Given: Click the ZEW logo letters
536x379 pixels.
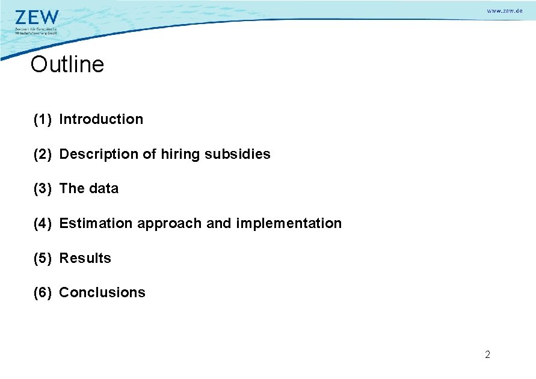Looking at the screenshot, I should click(x=37, y=17).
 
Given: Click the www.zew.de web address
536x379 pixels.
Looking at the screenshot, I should click(x=504, y=11).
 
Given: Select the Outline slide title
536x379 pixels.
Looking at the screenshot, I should click(x=67, y=64).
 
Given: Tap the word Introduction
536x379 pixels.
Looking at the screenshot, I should click(x=101, y=119).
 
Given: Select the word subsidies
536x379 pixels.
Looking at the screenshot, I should click(x=238, y=154).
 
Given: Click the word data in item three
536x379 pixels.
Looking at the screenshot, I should click(x=104, y=188).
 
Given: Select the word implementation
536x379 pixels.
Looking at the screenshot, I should click(x=289, y=224).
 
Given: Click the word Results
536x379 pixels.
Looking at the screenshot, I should click(x=85, y=258).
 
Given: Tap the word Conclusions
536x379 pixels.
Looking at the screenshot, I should click(x=102, y=292).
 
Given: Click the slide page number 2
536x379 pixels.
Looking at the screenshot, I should click(x=487, y=354).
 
